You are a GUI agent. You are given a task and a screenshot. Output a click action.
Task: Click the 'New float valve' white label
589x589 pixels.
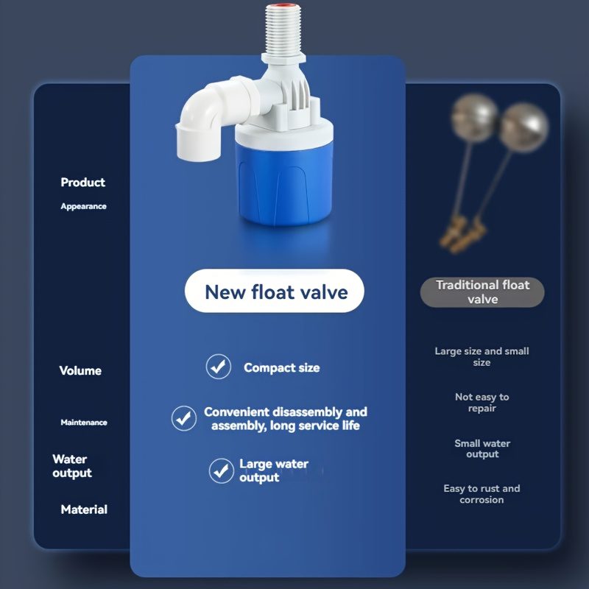pos(274,291)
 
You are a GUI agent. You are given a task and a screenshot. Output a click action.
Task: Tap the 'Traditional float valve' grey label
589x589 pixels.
pos(482,292)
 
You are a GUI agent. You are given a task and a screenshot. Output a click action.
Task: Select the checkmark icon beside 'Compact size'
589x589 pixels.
pos(218,367)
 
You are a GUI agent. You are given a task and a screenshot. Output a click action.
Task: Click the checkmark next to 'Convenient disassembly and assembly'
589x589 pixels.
pos(183,418)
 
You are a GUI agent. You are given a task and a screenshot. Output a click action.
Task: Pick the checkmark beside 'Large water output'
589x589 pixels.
pos(222,470)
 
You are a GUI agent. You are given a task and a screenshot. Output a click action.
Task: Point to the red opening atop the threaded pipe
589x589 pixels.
pos(283,7)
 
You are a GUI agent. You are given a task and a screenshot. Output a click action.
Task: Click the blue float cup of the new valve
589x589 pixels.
pos(284,180)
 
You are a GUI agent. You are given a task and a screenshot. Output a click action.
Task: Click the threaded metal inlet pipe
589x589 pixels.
pos(283,30)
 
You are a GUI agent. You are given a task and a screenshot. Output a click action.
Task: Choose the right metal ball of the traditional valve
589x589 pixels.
pos(523,127)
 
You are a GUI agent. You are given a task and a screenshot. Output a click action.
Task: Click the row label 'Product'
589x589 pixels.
pos(83,182)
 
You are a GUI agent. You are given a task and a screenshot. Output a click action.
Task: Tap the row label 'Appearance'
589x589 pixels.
pos(83,206)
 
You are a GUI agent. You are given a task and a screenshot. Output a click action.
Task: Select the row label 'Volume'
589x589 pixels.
pos(80,371)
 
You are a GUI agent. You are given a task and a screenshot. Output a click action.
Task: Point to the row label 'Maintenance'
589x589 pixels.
pos(84,423)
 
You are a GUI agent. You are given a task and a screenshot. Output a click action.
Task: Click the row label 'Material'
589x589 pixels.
pos(84,509)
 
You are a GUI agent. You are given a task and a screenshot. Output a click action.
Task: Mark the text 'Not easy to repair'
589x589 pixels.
pos(482,402)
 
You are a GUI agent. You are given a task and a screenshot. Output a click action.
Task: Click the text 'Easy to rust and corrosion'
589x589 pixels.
pos(482,494)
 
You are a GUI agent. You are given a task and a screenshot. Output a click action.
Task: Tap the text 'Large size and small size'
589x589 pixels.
pos(482,356)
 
